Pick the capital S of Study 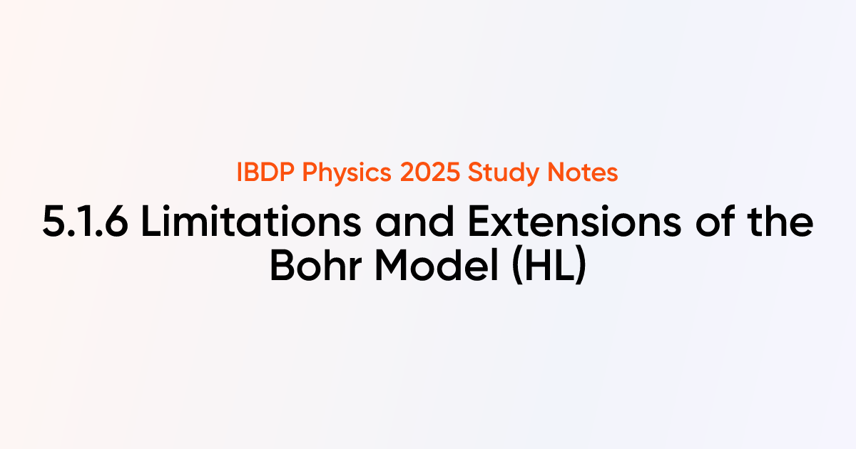point(455,173)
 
